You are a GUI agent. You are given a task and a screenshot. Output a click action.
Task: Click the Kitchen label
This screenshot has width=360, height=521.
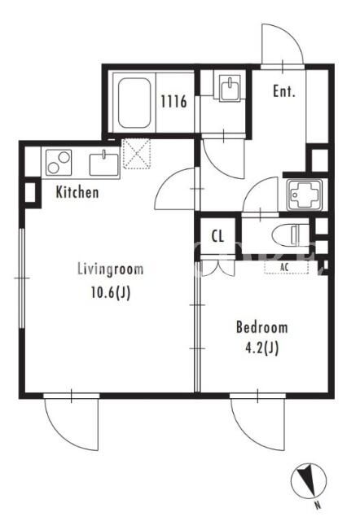pos(77,192)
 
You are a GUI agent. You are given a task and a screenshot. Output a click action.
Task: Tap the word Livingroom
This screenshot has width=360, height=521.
pos(110,269)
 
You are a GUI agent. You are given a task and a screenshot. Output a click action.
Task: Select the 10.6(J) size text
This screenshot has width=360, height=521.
pos(111,293)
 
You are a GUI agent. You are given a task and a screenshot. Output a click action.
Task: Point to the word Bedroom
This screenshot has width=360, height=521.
pos(262,327)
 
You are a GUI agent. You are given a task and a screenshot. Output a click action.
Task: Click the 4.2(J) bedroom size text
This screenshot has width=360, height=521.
pos(261,348)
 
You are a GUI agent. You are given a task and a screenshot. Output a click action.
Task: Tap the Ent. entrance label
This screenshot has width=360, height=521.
pos(284,91)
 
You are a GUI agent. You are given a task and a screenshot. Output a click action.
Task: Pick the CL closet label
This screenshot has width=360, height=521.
pos(217,236)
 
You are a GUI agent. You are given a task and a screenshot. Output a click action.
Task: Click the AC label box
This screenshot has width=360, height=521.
pos(286,267)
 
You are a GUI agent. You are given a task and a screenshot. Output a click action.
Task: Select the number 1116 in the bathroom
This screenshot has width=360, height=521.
pos(173,101)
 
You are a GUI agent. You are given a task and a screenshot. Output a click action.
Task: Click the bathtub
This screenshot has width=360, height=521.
pos(134,103)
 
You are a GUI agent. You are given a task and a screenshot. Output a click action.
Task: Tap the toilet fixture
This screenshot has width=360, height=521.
pos(290,235)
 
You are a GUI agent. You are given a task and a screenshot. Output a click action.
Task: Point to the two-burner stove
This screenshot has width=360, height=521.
pos(59,162)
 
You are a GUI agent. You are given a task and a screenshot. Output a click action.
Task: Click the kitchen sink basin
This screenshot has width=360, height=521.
pos(104,164)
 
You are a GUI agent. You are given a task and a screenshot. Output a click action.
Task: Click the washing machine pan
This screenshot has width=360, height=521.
pos(305,195)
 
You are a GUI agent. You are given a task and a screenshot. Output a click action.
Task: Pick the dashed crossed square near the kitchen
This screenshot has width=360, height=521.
pos(136,154)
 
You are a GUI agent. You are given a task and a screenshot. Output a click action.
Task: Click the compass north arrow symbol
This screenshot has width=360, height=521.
pos(309,481)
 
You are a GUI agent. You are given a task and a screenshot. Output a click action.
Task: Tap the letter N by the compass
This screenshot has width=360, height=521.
pos(318,506)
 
